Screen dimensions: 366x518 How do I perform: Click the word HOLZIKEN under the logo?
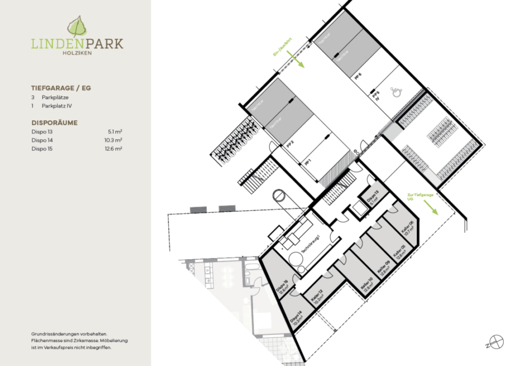[77, 52]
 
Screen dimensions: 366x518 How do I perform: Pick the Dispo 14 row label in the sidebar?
[42, 140]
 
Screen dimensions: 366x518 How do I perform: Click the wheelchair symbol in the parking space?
[396, 91]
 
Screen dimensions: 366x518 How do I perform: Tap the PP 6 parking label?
[359, 76]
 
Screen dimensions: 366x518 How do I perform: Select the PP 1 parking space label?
[307, 162]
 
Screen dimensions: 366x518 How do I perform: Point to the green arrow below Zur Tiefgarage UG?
[431, 207]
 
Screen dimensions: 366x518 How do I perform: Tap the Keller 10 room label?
[367, 287]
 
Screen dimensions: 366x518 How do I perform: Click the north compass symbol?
[496, 342]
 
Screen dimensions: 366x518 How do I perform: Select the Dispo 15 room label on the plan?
[283, 288]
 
